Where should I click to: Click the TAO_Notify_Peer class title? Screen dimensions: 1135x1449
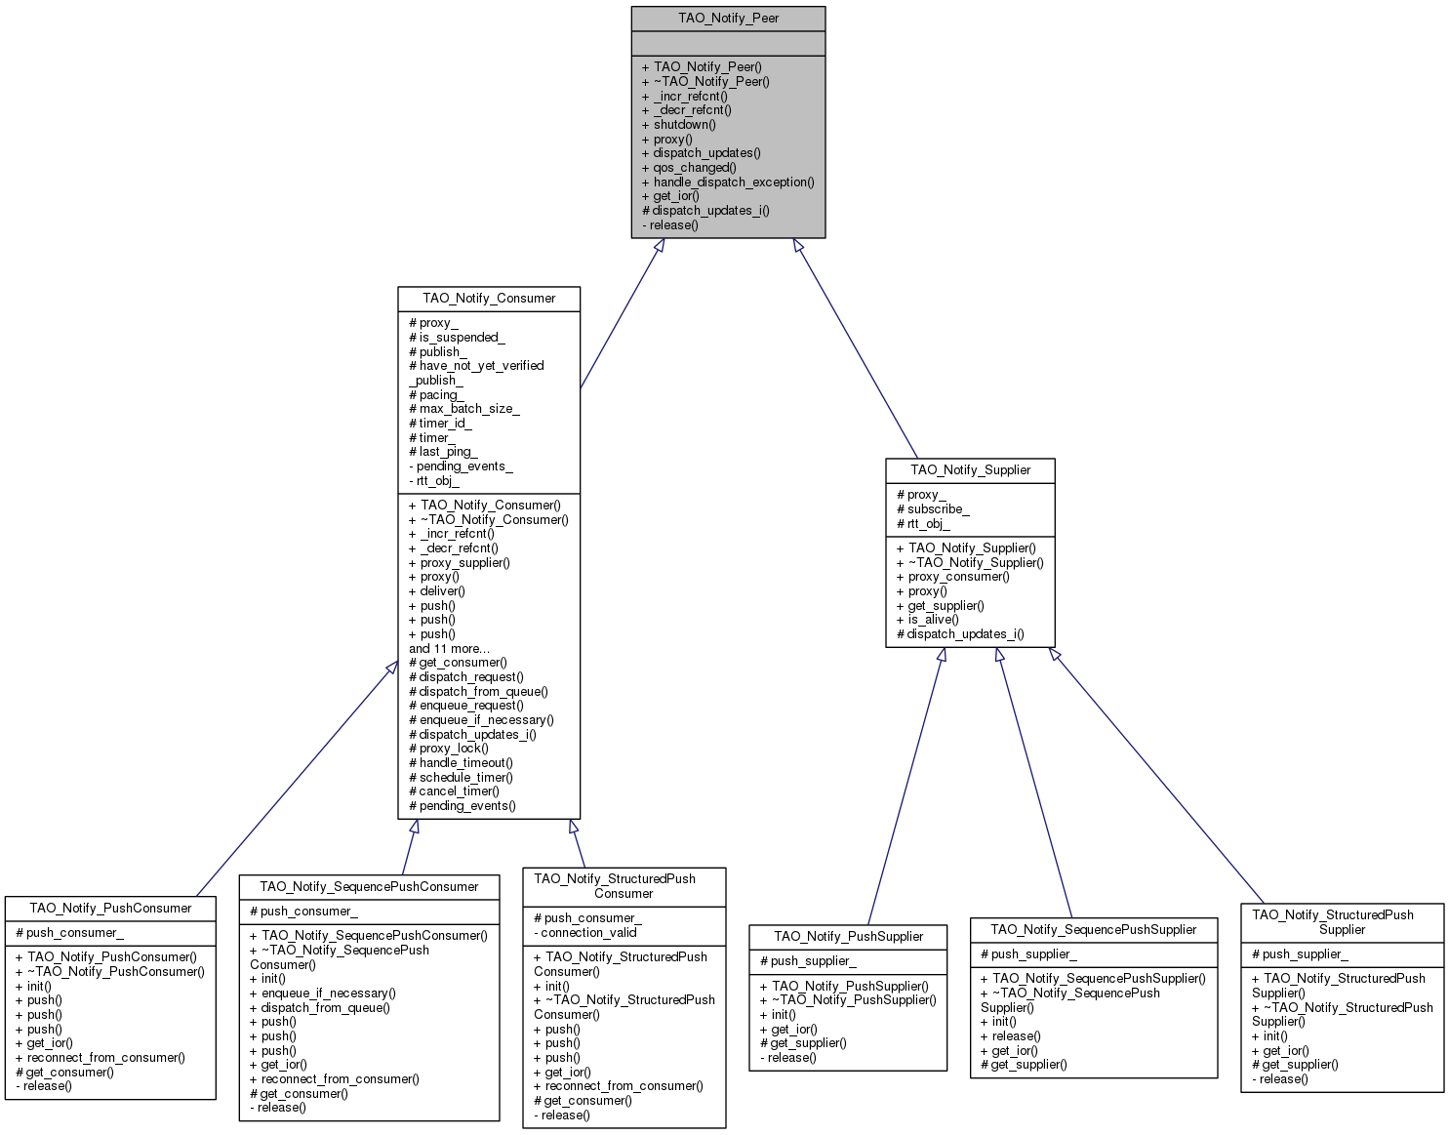(728, 19)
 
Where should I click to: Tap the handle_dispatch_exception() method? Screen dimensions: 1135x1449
(733, 182)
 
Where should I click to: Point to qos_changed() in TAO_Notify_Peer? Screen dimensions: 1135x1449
(694, 167)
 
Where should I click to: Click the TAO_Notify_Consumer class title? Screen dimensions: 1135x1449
(489, 298)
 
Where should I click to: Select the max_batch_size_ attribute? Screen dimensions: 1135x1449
(468, 408)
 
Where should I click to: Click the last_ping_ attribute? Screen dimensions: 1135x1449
(448, 451)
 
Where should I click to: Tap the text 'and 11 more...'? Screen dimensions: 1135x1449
(449, 648)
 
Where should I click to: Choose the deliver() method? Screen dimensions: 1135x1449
(442, 590)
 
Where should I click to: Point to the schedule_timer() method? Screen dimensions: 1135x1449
(465, 777)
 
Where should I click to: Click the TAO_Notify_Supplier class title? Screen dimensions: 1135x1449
(970, 469)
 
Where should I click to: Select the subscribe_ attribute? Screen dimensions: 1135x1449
(938, 508)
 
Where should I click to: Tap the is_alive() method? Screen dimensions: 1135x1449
(933, 619)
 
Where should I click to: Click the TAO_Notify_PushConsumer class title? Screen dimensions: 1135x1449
(110, 908)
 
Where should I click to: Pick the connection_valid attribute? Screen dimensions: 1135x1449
(588, 932)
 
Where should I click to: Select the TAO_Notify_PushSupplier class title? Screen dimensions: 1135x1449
(848, 936)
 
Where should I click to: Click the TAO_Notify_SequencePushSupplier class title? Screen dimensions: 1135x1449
(1093, 929)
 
